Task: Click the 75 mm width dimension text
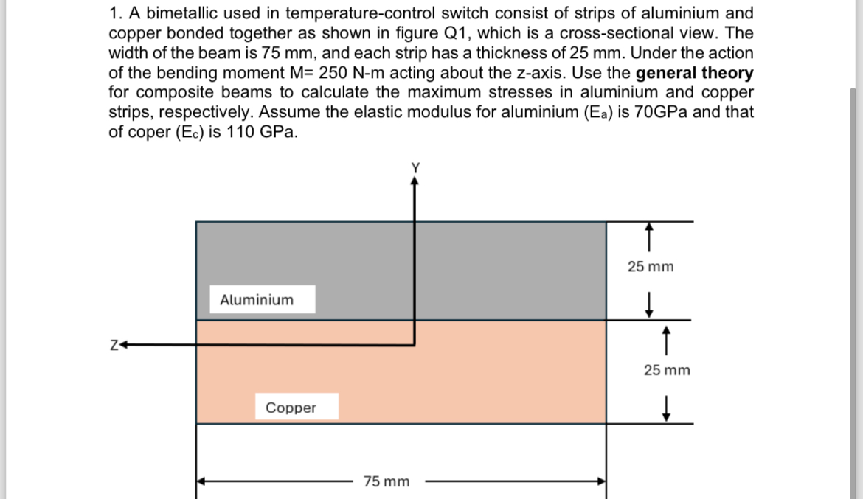[387, 481]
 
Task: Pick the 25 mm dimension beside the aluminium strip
[651, 266]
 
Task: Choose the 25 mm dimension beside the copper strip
[667, 370]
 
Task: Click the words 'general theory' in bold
[694, 73]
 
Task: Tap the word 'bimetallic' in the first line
[174, 13]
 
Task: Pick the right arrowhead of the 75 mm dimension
[600, 481]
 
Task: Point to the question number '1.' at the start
[115, 13]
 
